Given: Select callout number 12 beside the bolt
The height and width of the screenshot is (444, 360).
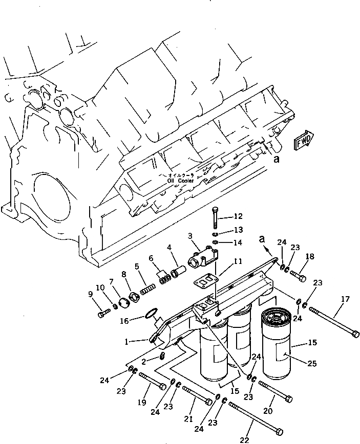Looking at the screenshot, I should click(x=238, y=216).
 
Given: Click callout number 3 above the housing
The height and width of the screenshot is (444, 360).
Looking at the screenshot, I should click(x=189, y=236).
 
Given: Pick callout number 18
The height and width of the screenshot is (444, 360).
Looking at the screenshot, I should click(x=309, y=256).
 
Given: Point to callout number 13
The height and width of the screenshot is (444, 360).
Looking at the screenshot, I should click(x=238, y=230).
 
